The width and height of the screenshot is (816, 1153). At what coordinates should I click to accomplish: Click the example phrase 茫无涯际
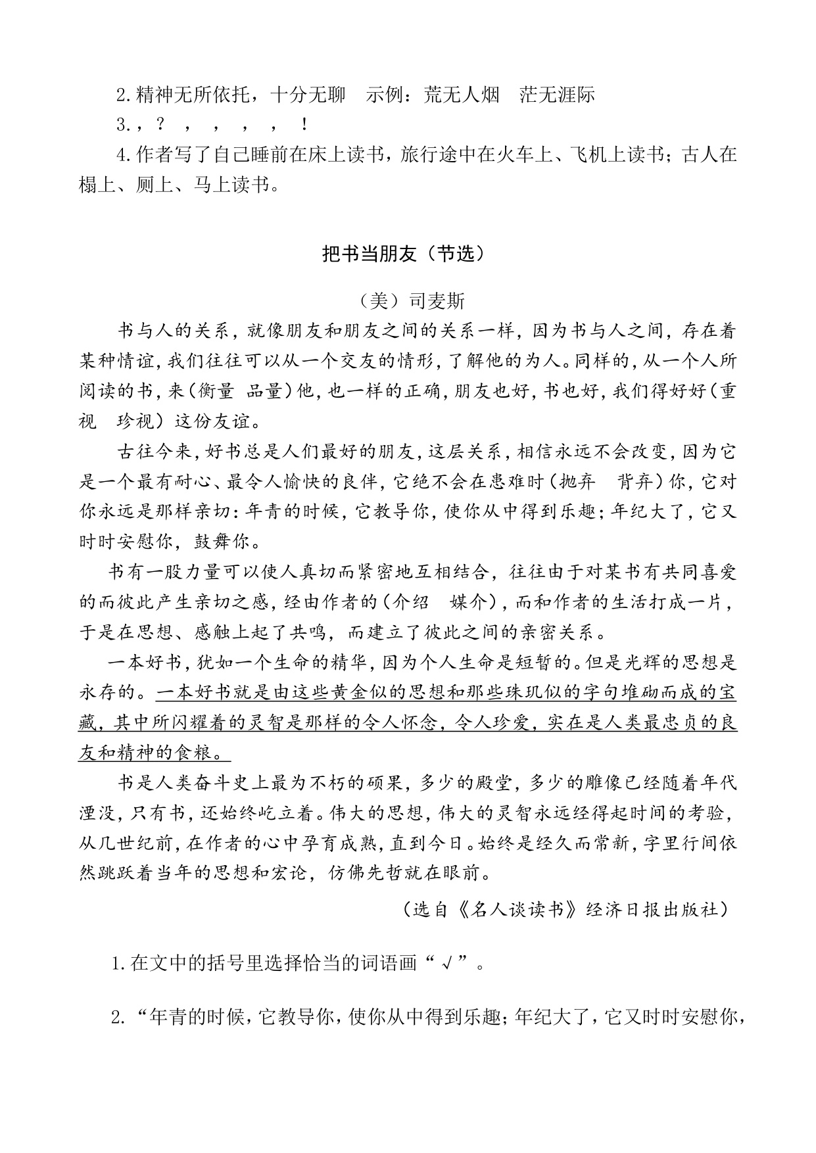click(557, 95)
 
